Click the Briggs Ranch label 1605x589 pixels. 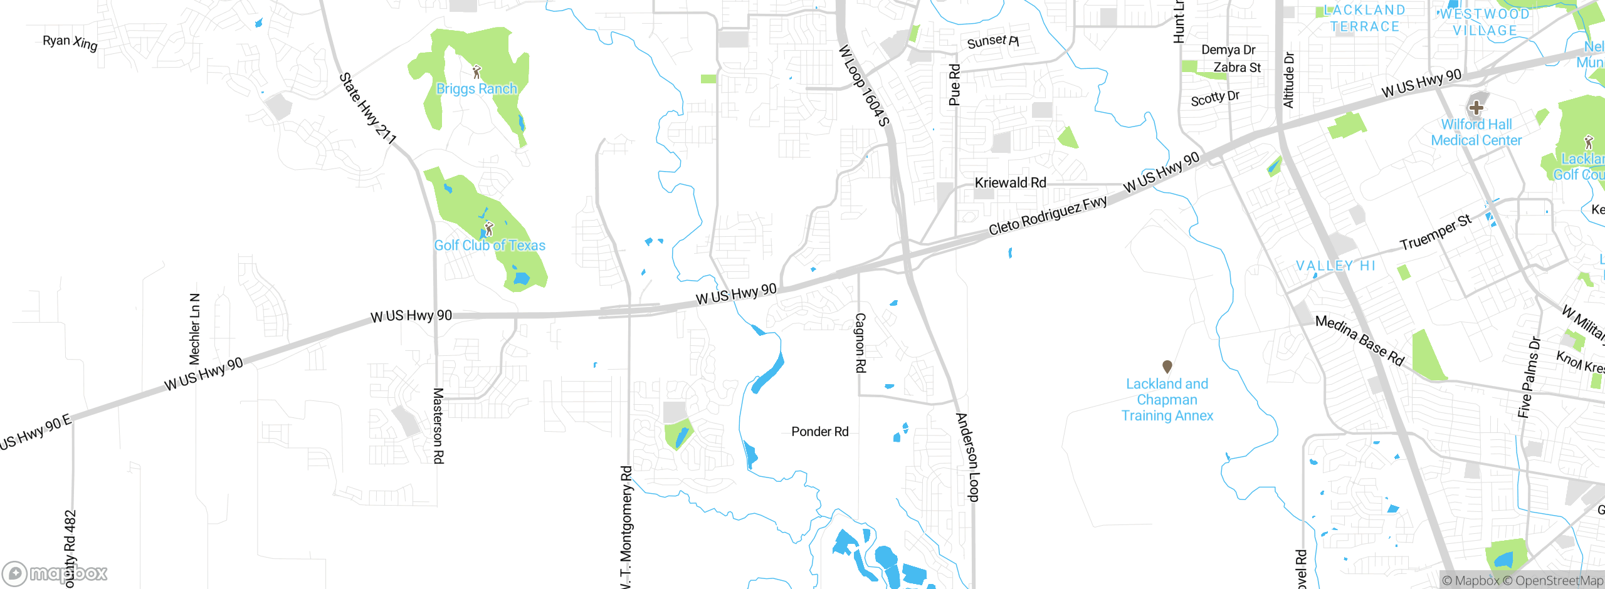pyautogui.click(x=476, y=89)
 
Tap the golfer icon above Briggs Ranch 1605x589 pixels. pyautogui.click(x=476, y=71)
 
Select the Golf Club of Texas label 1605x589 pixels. pyautogui.click(x=490, y=246)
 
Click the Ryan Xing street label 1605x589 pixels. pyautogui.click(x=70, y=42)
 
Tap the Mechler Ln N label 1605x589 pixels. pyautogui.click(x=195, y=329)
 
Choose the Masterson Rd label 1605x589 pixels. pyautogui.click(x=438, y=425)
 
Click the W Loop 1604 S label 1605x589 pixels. pyautogui.click(x=864, y=85)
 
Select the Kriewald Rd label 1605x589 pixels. pyautogui.click(x=1010, y=183)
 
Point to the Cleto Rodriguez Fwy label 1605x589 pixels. pyautogui.click(x=1048, y=216)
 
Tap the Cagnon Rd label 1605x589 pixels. pyautogui.click(x=861, y=343)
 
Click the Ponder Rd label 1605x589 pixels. pyautogui.click(x=819, y=432)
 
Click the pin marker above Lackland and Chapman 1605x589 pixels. pyautogui.click(x=1167, y=366)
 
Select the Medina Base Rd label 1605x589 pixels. pyautogui.click(x=1359, y=340)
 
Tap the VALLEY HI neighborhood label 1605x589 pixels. pyautogui.click(x=1335, y=266)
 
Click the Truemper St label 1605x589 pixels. pyautogui.click(x=1435, y=232)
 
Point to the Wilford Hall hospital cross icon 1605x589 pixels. pyautogui.click(x=1476, y=107)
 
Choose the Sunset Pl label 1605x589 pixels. pyautogui.click(x=992, y=42)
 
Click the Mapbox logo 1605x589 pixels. pyautogui.click(x=55, y=573)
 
